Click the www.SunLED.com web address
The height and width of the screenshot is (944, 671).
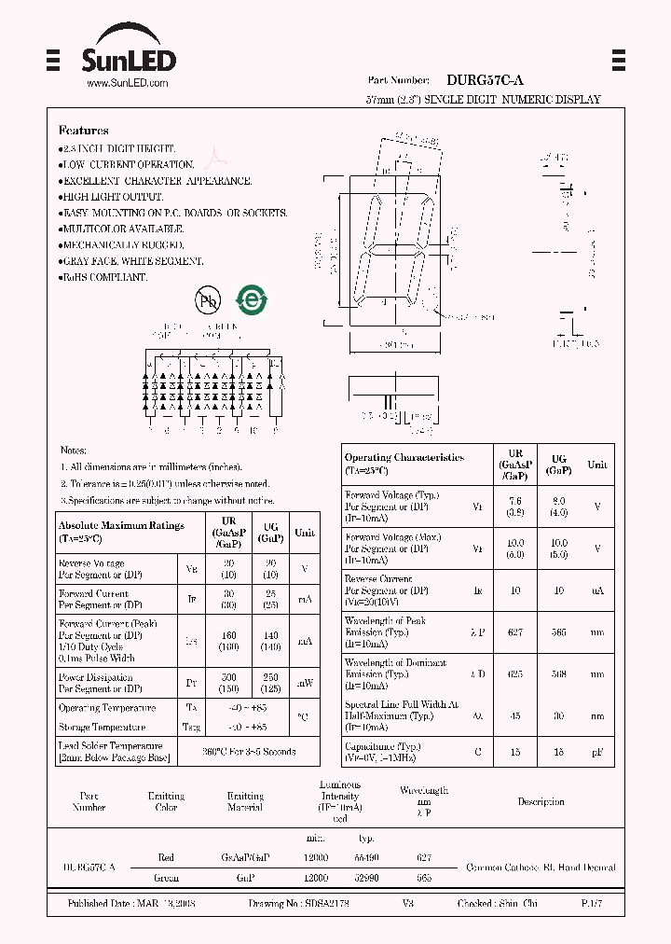[x=127, y=84]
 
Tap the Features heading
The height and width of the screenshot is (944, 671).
[x=83, y=131]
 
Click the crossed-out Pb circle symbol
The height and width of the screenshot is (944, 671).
[x=207, y=299]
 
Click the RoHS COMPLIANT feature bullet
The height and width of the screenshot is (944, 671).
[x=103, y=278]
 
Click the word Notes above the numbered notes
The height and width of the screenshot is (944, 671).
[x=74, y=451]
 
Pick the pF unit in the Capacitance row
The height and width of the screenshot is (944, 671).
[x=596, y=752]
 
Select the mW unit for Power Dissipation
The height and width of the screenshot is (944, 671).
[x=305, y=683]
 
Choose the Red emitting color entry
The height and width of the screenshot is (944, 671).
[x=166, y=857]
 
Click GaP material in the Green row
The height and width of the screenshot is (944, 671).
[x=245, y=878]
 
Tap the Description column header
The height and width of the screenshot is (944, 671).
[x=541, y=801]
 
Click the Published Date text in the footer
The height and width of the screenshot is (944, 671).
[x=130, y=904]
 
